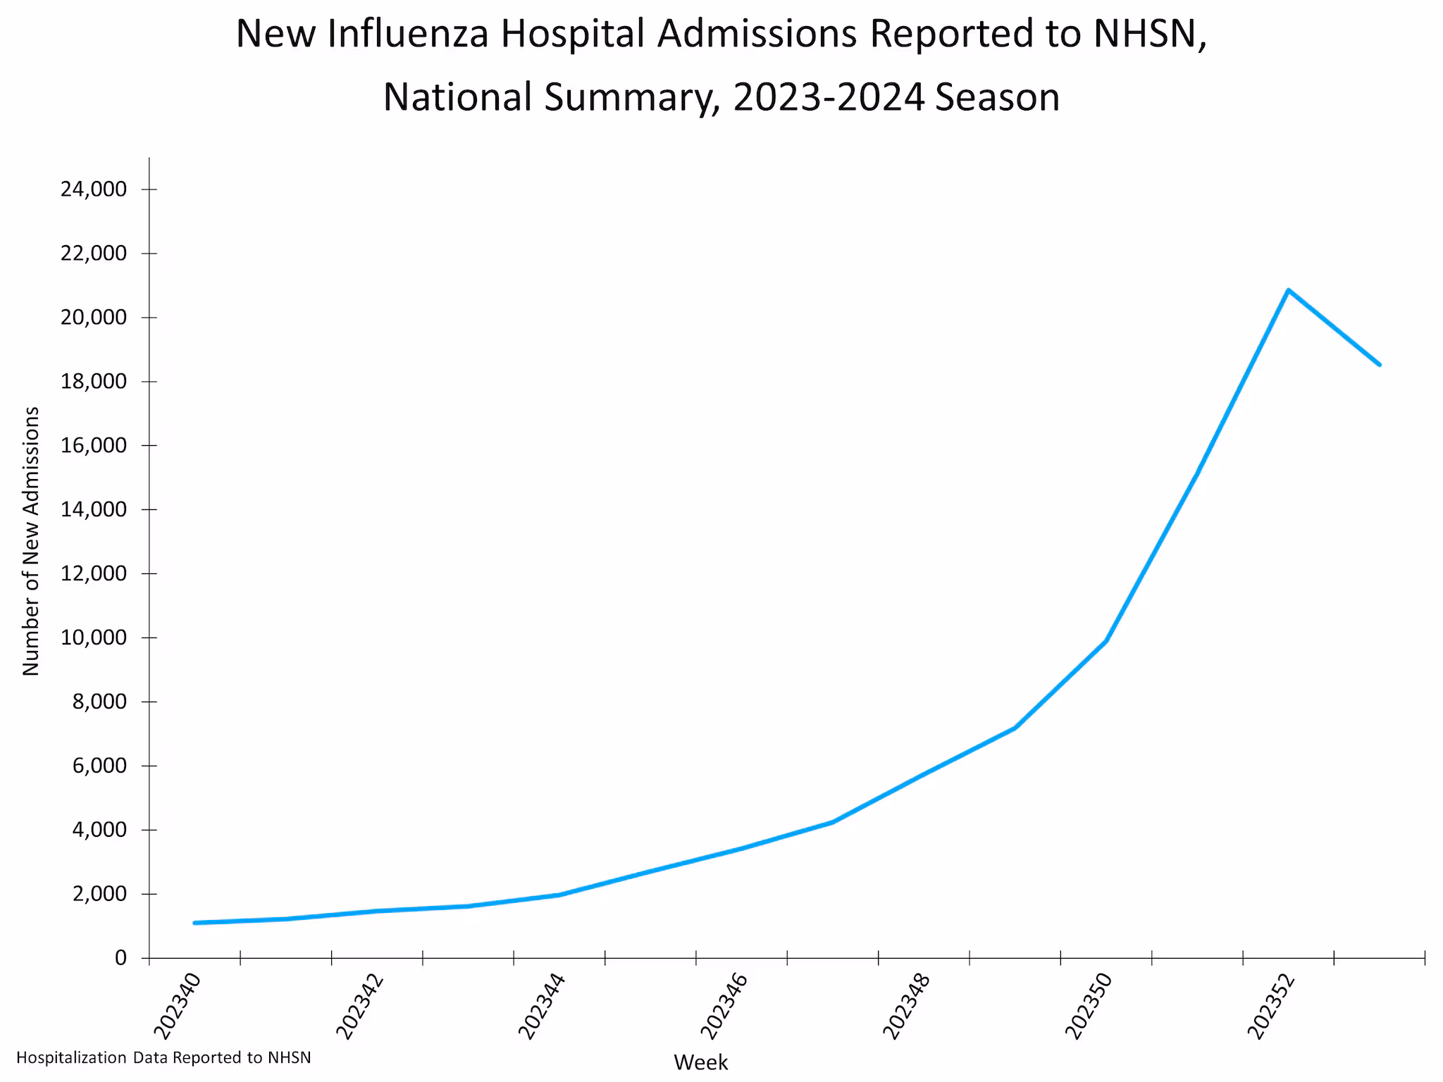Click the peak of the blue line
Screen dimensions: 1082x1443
click(x=1288, y=290)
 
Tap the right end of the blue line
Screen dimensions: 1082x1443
click(x=1379, y=364)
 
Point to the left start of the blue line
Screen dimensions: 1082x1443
click(x=194, y=922)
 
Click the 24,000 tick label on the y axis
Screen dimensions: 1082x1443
click(x=94, y=189)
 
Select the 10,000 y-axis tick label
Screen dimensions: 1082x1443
click(x=94, y=638)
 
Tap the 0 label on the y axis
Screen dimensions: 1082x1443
click(x=120, y=958)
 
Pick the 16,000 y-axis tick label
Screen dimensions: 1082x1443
click(x=94, y=445)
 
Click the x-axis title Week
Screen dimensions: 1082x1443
click(x=701, y=1062)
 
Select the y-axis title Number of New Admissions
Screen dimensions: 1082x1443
click(x=31, y=541)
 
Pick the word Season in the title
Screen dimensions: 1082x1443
click(x=998, y=97)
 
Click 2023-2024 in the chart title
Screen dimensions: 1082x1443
click(x=829, y=97)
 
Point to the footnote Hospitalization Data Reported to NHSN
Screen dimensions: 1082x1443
click(x=163, y=1057)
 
